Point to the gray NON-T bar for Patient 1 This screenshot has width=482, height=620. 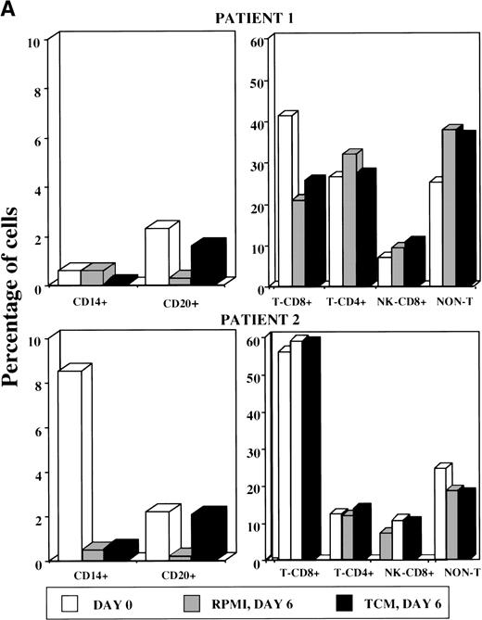point(425,208)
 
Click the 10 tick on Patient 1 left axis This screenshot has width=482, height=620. point(33,42)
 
